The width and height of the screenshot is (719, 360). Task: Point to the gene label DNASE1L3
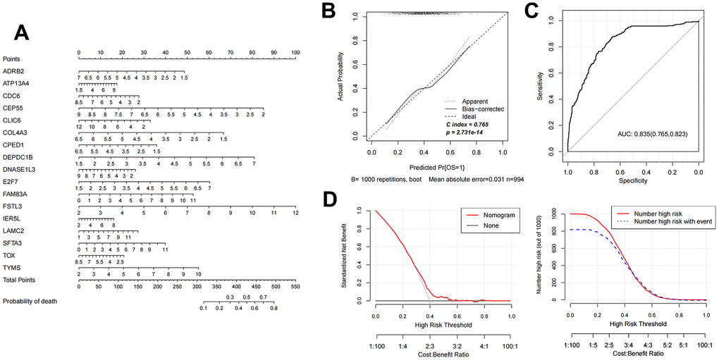pyautogui.click(x=18, y=170)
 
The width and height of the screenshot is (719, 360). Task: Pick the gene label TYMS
pyautogui.click(x=11, y=268)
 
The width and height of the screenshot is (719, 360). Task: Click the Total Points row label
pyautogui.click(x=18, y=280)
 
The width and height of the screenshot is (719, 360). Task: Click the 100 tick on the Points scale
pyautogui.click(x=295, y=53)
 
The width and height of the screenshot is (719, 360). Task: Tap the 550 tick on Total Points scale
pyautogui.click(x=295, y=287)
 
